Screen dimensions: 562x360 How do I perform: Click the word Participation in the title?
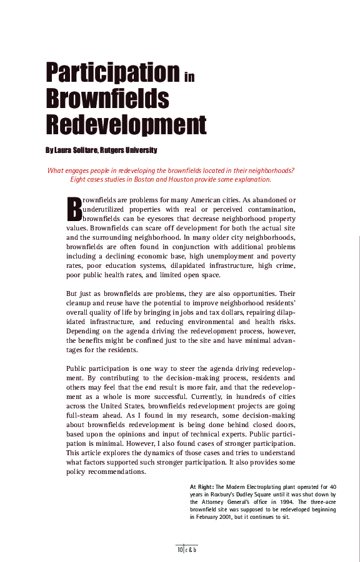(x=112, y=72)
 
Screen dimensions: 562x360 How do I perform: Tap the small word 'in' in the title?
(x=190, y=77)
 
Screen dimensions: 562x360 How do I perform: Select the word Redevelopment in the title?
(x=126, y=125)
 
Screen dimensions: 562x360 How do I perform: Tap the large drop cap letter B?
(x=74, y=209)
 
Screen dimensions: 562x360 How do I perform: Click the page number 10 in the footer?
(x=180, y=550)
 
